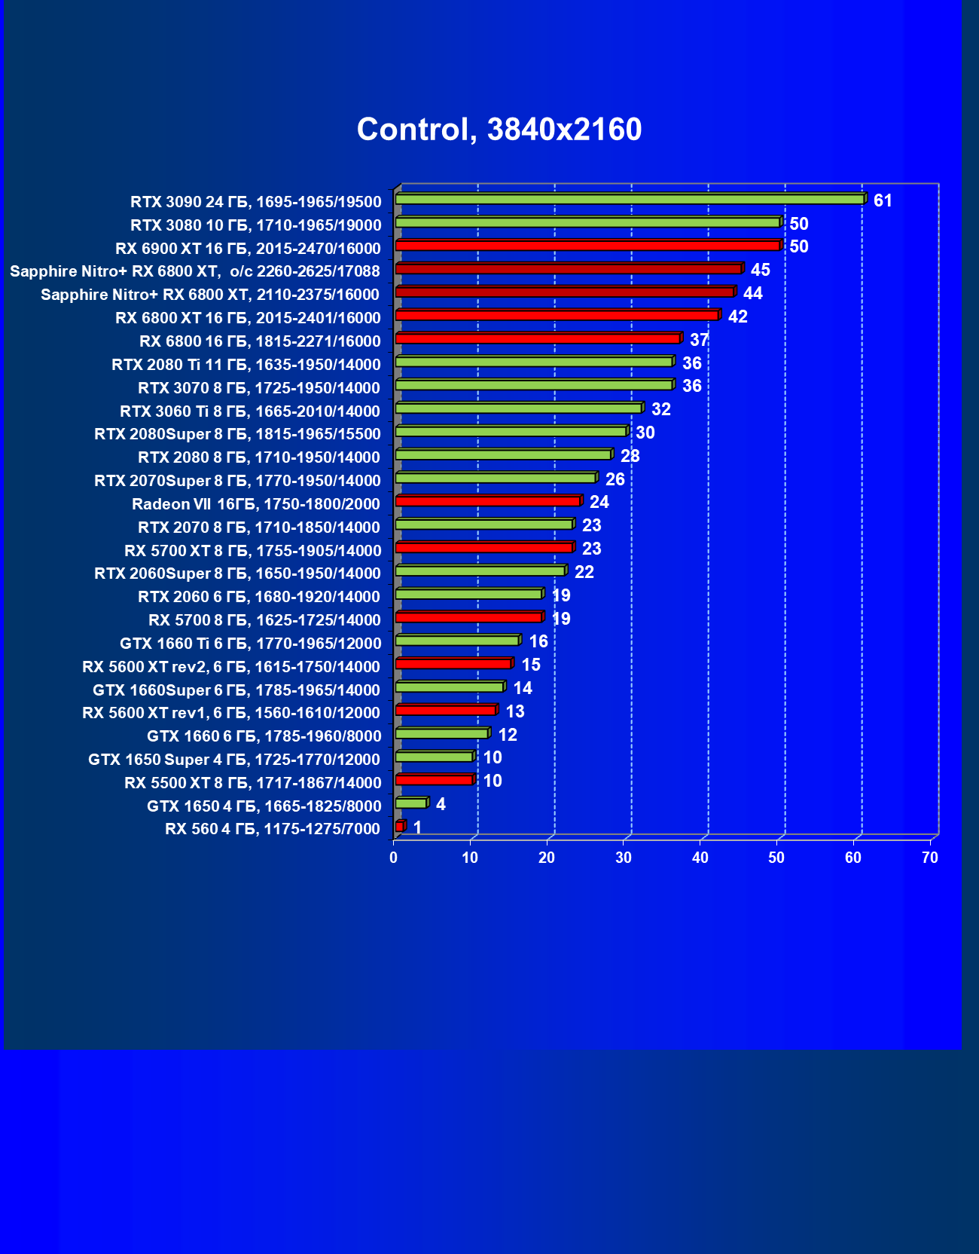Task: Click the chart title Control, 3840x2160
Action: point(499,130)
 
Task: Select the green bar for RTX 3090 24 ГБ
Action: point(630,199)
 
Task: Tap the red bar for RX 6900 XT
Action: point(587,246)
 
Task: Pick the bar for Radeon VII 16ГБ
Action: point(488,501)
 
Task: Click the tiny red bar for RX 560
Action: point(400,827)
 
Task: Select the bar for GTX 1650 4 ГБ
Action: point(411,803)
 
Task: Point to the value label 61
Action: point(883,200)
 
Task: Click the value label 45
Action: point(760,270)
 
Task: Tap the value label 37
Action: point(699,340)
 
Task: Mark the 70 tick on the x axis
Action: point(930,858)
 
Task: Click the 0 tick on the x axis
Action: point(393,858)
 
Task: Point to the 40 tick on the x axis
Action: point(700,858)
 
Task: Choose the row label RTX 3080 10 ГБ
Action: point(255,225)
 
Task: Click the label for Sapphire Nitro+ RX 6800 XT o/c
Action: point(195,271)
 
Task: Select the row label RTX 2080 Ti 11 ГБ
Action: point(246,365)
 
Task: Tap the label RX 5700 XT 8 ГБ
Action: point(252,551)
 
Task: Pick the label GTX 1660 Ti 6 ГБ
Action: point(250,644)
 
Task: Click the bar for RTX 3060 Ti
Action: point(518,408)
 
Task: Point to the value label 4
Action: point(441,804)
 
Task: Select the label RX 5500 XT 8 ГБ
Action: point(252,783)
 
